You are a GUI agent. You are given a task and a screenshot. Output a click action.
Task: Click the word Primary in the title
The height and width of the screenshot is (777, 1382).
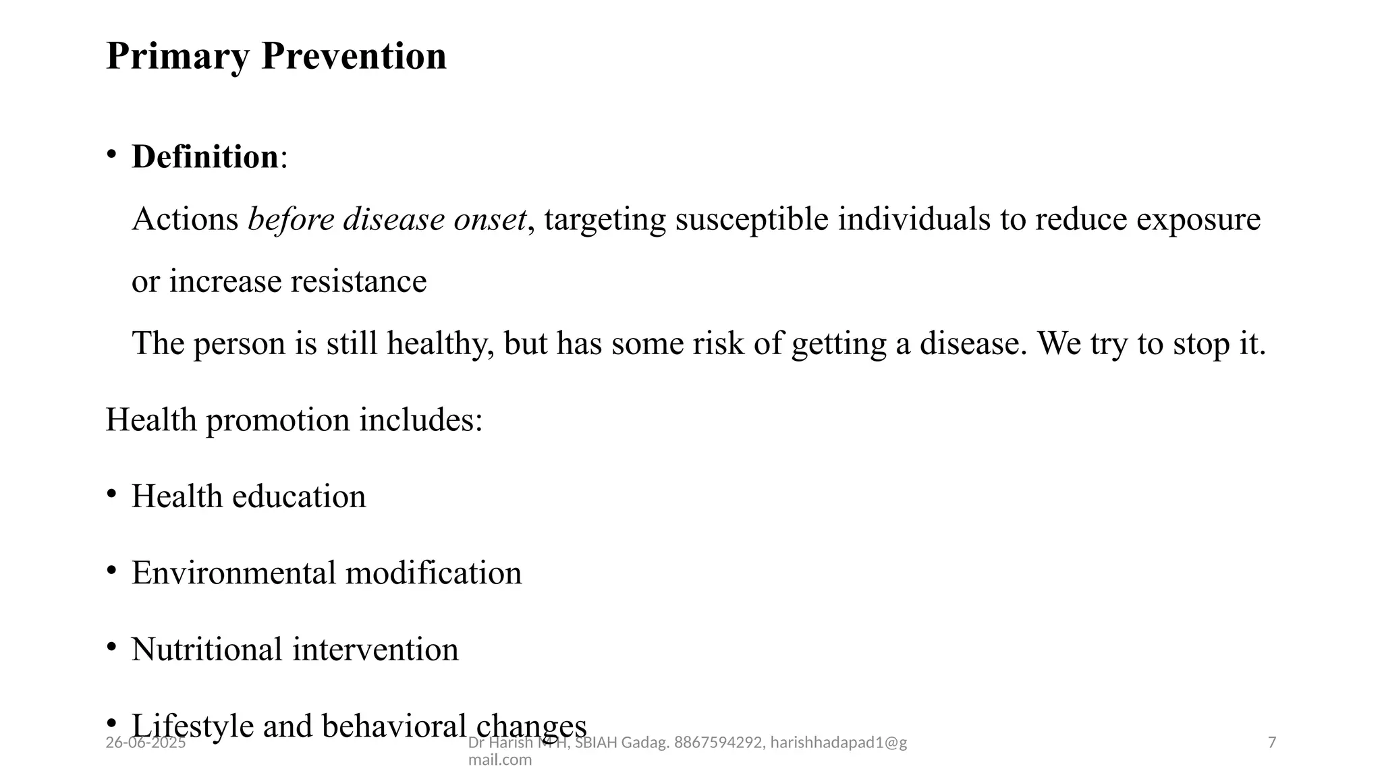coord(177,57)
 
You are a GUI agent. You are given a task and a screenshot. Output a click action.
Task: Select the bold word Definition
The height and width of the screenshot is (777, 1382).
coord(204,157)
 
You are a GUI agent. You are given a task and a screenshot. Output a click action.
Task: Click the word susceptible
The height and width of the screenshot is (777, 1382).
coord(751,219)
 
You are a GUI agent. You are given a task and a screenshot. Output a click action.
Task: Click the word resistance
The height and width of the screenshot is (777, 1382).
coord(358,281)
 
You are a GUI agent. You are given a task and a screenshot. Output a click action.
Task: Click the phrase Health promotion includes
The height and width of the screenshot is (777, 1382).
coord(294,420)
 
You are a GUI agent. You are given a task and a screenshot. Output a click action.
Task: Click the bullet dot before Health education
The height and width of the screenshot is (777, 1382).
coord(111,494)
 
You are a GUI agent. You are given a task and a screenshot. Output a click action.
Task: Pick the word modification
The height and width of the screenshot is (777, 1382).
coord(433,573)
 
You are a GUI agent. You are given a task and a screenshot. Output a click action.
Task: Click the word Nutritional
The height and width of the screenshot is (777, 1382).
coord(206,650)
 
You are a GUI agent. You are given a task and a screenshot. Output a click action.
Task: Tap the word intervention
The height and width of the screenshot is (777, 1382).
coord(375,650)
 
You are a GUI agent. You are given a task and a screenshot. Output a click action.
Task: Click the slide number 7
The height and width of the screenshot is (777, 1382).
coord(1272,743)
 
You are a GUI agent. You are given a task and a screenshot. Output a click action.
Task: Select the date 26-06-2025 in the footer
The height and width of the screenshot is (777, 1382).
coord(146,743)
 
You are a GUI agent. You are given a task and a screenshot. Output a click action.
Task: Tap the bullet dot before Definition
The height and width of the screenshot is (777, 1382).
coord(111,154)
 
